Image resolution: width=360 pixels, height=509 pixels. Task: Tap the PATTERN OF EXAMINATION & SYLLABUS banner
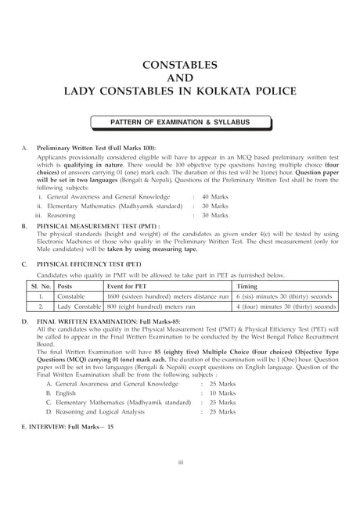179,123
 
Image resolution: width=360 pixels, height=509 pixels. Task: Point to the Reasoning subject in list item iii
62,214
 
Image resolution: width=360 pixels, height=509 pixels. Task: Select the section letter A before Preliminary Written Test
26,148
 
